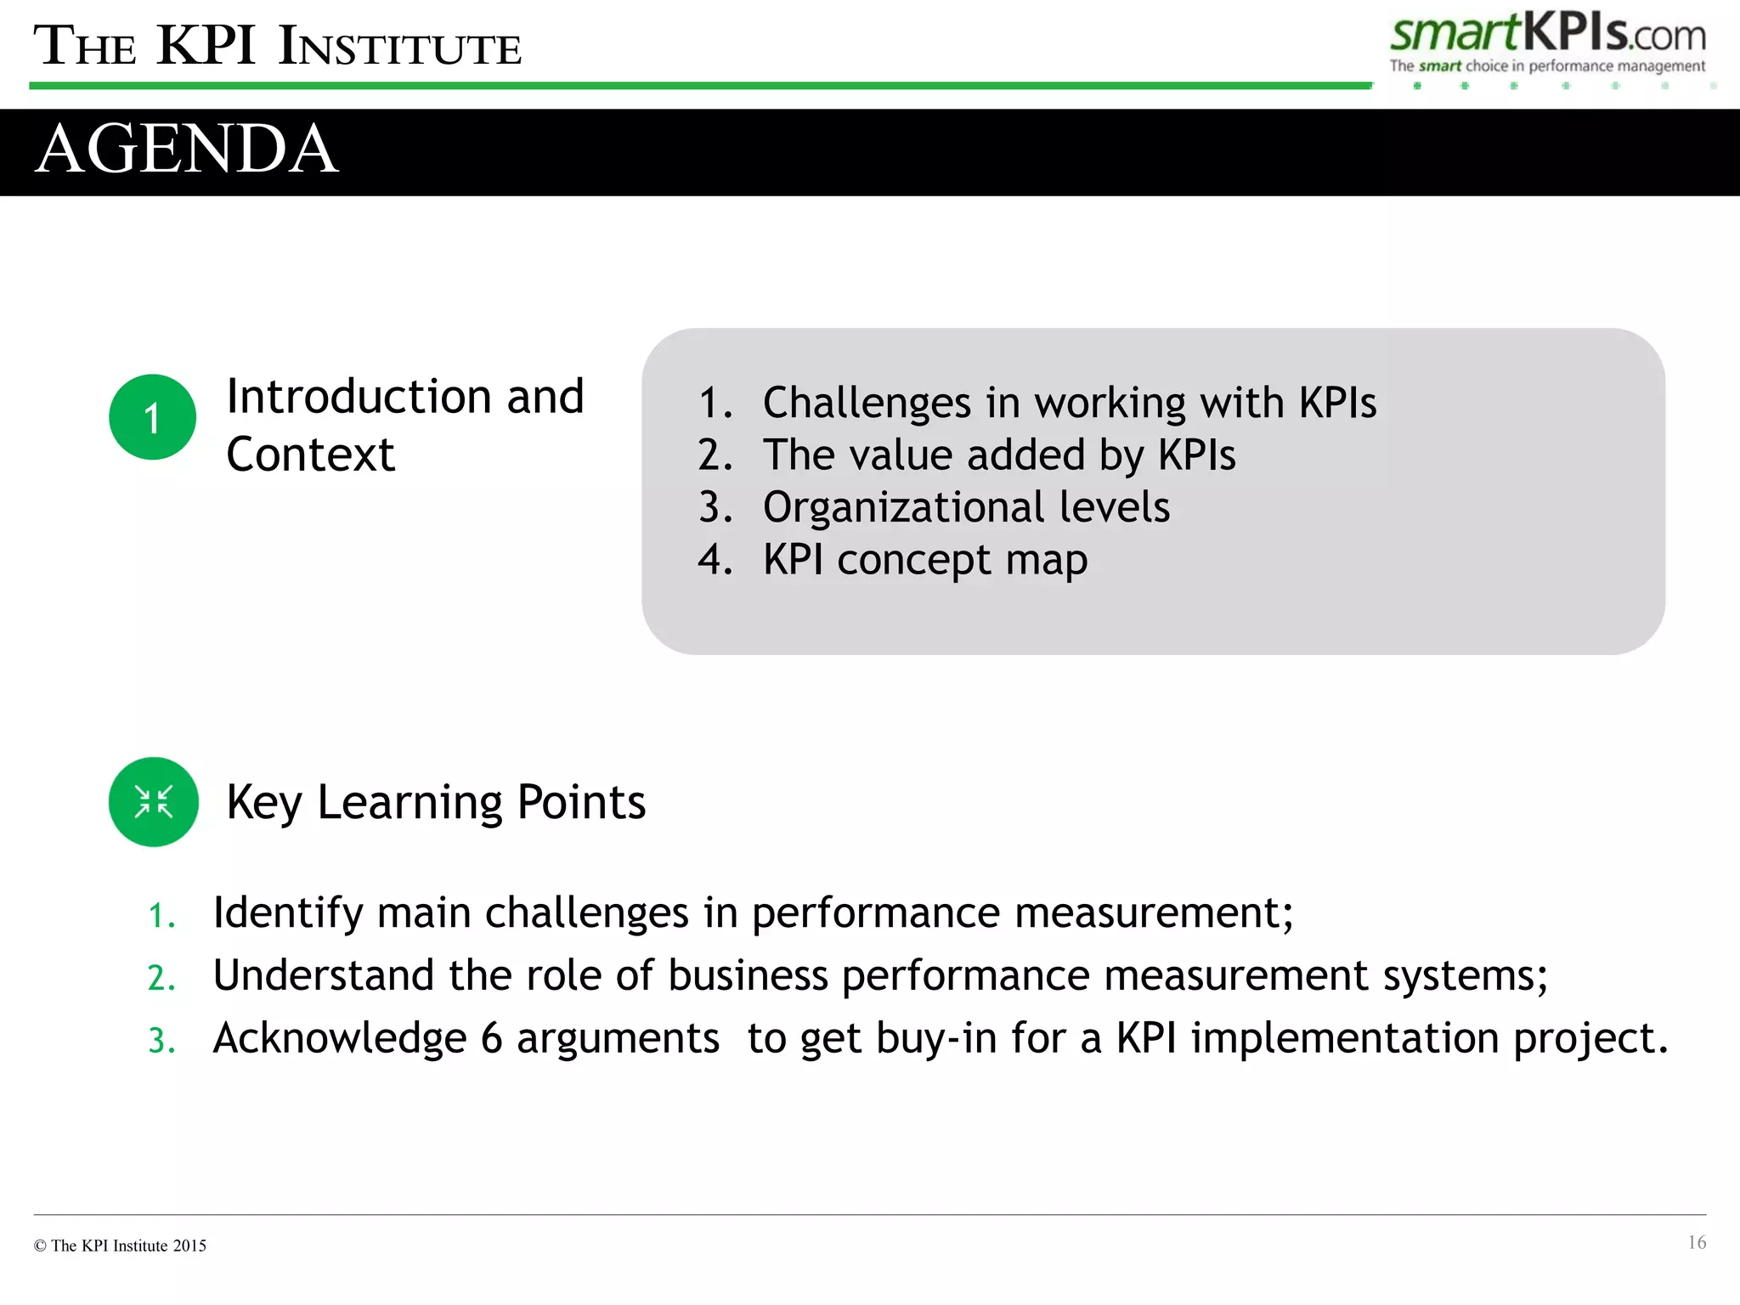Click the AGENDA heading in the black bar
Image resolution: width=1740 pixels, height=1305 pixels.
(x=187, y=150)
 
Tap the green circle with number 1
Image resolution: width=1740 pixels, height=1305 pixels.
(x=153, y=417)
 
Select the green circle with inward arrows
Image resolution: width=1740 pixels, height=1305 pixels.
(x=154, y=802)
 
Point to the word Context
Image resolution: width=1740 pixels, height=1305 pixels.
(x=310, y=455)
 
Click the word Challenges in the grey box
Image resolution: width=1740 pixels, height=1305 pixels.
(x=867, y=403)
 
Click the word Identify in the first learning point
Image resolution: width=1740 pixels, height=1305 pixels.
(x=288, y=913)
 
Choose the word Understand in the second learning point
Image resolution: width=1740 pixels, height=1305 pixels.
(x=324, y=975)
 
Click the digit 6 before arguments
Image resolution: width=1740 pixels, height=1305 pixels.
(x=492, y=1038)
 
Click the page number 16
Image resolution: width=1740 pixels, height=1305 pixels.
(x=1696, y=1243)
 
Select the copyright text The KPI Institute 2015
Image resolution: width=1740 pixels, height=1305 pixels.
(x=121, y=1246)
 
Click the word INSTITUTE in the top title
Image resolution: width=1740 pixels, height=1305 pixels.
(x=399, y=48)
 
